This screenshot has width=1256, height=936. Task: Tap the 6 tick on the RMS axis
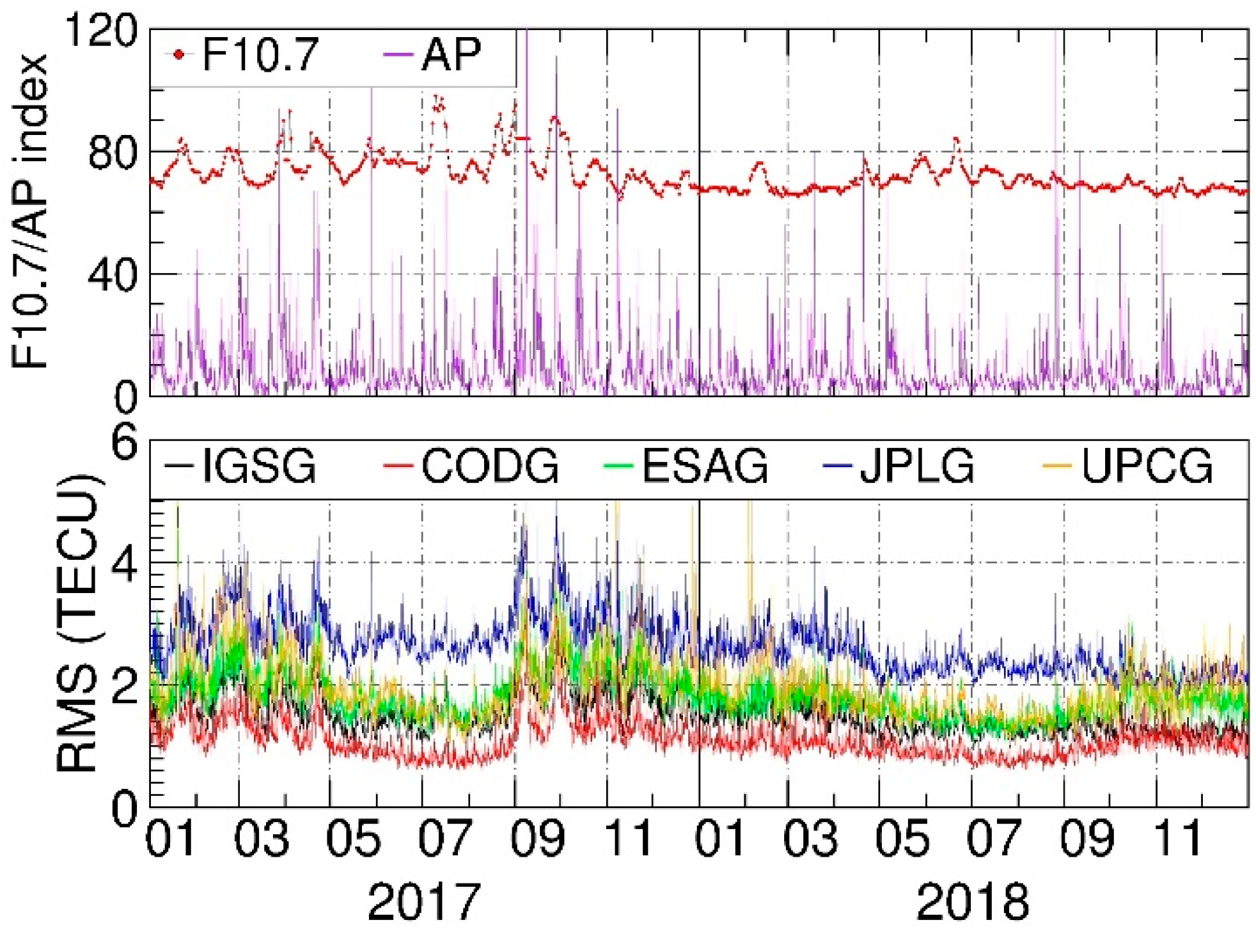click(124, 442)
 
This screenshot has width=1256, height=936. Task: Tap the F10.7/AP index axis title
click(31, 211)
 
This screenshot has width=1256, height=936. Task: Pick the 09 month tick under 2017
click(537, 838)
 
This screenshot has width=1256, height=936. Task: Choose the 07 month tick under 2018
click(994, 838)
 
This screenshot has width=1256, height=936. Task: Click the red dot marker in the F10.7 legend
click(178, 55)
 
